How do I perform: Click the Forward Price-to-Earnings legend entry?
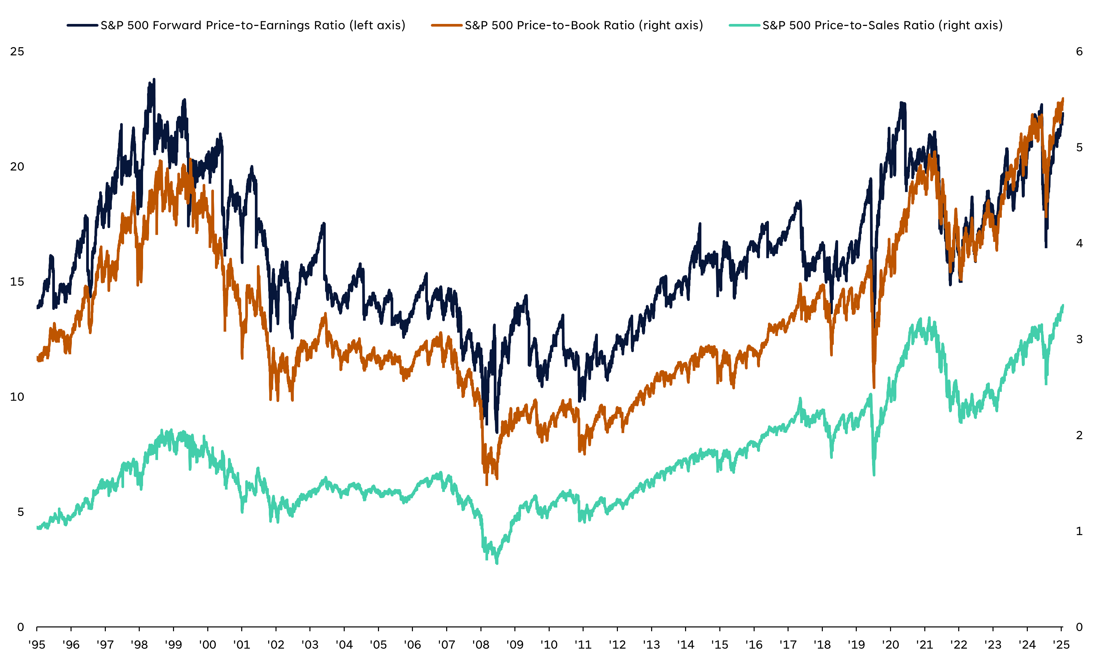(253, 25)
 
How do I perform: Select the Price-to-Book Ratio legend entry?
(584, 25)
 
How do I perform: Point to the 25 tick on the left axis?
(17, 52)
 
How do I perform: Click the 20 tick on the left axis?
(17, 167)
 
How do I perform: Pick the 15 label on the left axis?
(17, 282)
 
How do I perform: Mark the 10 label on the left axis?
(17, 397)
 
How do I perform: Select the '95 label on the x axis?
(37, 645)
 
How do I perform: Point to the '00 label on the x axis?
(208, 645)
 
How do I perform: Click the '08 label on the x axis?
(481, 645)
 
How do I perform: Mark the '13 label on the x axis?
(651, 645)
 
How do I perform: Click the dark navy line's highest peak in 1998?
(154, 79)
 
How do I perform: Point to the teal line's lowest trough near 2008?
(497, 563)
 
